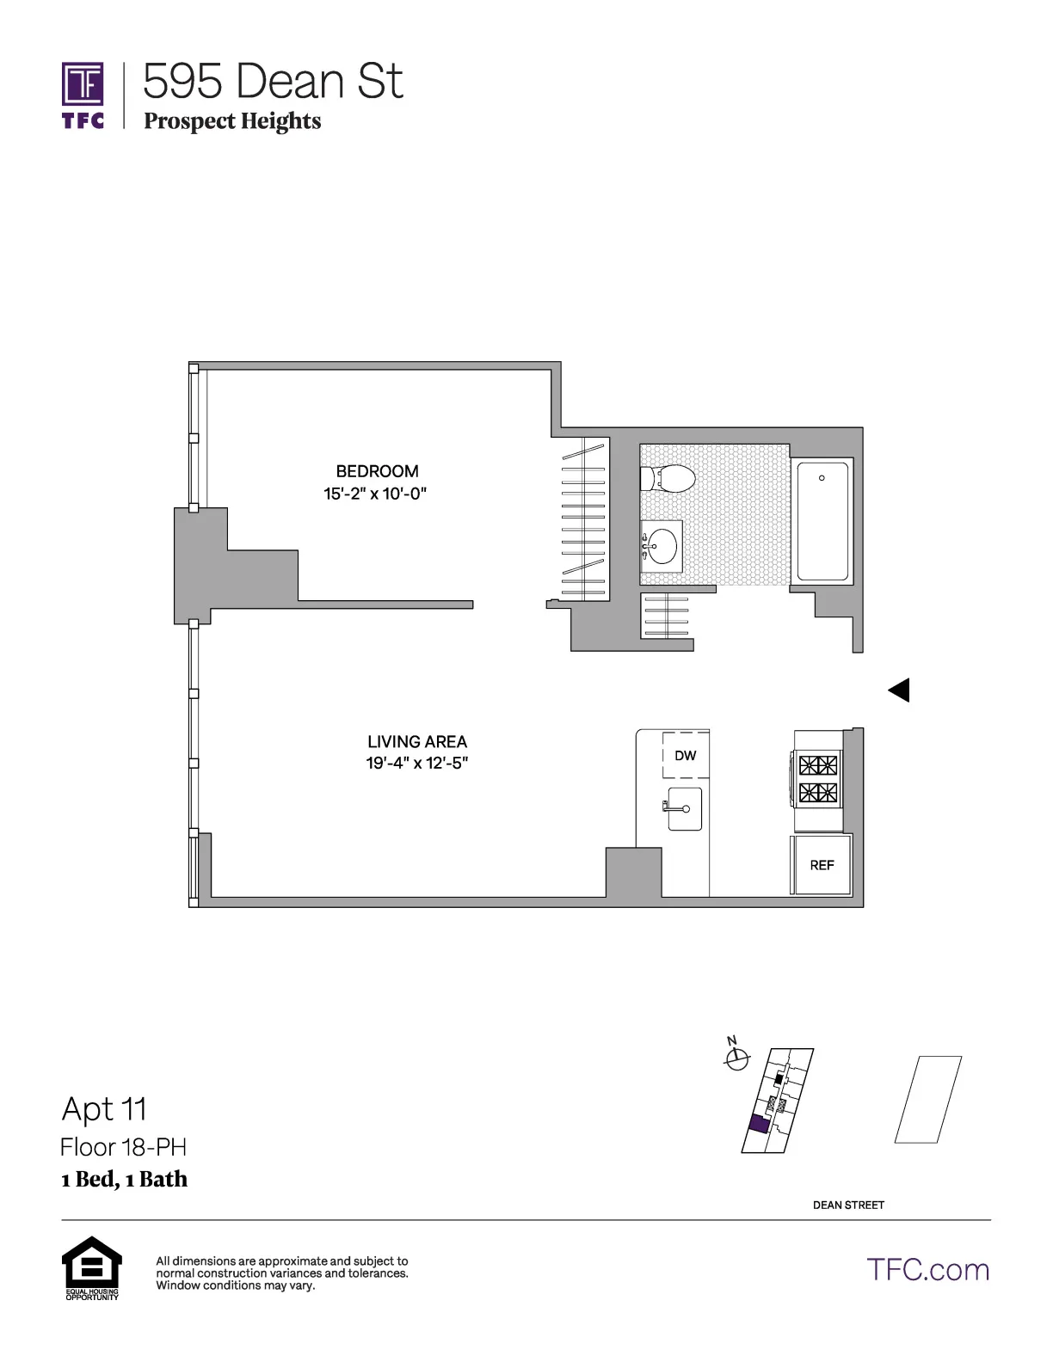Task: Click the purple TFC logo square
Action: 83,84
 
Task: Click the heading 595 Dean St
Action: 273,82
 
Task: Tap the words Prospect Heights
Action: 232,121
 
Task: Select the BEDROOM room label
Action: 377,471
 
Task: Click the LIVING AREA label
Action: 417,741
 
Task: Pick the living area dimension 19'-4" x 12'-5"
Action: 417,764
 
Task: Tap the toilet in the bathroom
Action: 669,479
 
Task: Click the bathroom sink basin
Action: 662,546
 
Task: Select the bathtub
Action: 822,522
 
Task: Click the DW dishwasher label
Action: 686,756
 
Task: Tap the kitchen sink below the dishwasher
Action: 686,809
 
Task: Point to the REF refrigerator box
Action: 822,865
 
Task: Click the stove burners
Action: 818,779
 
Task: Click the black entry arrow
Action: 899,690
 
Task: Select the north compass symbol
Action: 736,1059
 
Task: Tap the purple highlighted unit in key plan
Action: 759,1125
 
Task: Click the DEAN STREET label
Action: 848,1205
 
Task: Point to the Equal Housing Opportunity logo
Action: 92,1267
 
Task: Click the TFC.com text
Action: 928,1270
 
